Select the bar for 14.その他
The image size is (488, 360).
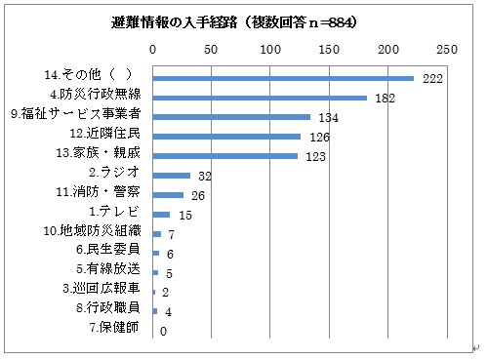tap(283, 78)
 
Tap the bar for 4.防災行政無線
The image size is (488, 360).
tap(260, 98)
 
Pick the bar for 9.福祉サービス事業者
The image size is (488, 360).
tap(231, 117)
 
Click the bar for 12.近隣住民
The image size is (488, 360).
tap(226, 137)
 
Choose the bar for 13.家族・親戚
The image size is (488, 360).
tap(224, 156)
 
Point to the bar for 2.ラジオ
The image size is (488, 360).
tap(171, 176)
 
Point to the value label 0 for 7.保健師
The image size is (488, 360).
tap(163, 332)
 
